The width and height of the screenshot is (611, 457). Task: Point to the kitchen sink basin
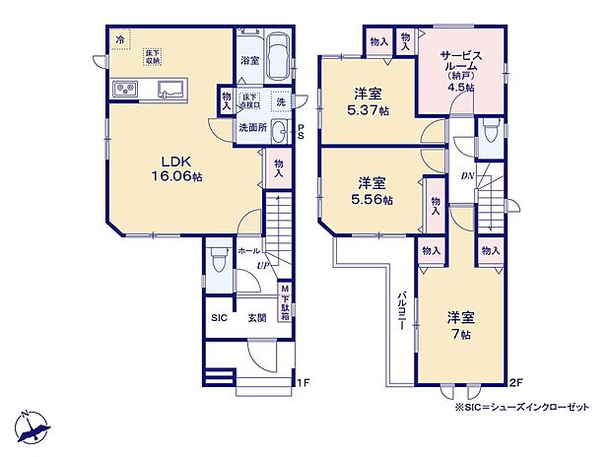click(x=170, y=91)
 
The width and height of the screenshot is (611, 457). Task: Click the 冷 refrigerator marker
click(x=119, y=39)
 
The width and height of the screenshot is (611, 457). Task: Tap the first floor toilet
click(x=219, y=263)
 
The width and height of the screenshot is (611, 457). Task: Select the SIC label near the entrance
click(x=219, y=318)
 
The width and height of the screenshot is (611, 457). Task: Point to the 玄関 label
click(x=256, y=318)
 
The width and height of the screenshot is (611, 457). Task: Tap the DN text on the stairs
click(x=466, y=176)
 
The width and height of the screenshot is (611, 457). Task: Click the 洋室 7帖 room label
click(x=460, y=326)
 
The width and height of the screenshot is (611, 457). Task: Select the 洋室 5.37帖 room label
click(x=371, y=101)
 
